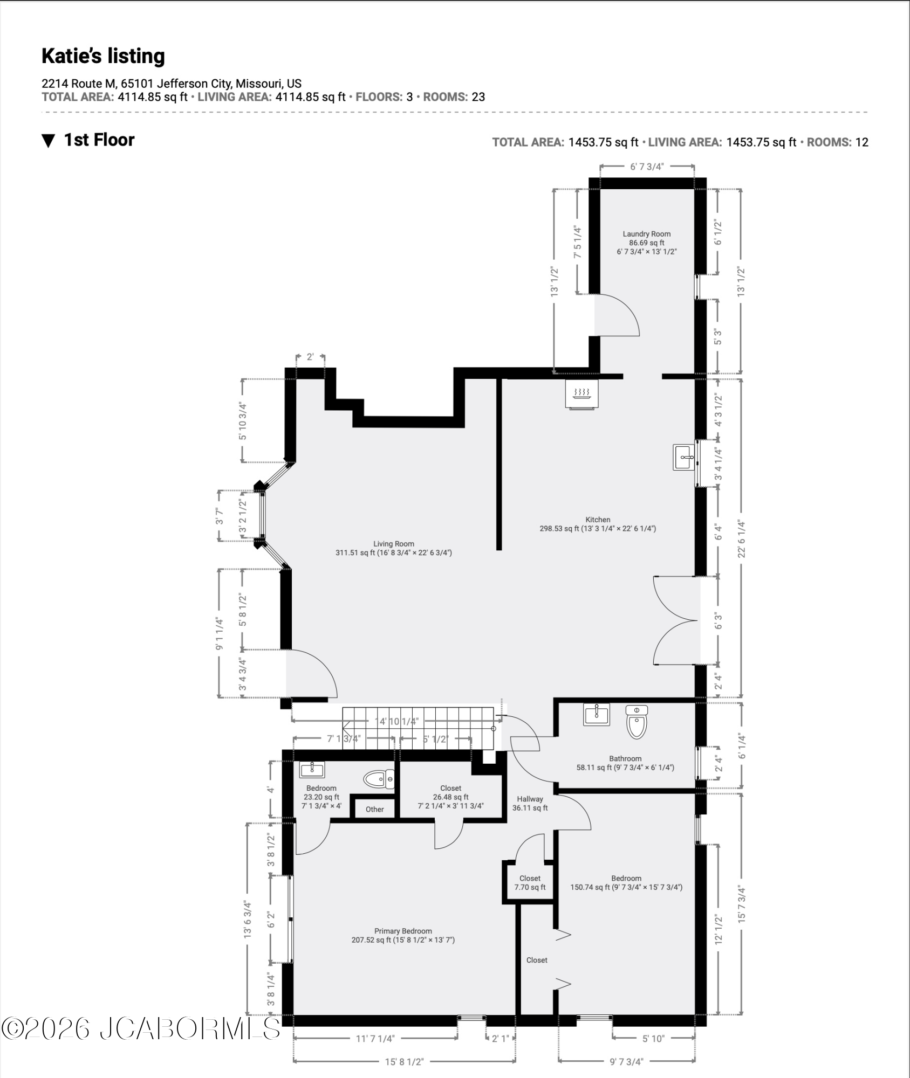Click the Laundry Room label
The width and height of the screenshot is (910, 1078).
click(x=646, y=234)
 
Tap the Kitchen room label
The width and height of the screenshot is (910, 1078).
click(x=598, y=520)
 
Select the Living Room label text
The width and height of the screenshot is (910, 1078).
click(x=394, y=544)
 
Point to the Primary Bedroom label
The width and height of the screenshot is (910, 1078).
click(x=403, y=931)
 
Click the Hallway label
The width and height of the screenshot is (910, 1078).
click(x=530, y=799)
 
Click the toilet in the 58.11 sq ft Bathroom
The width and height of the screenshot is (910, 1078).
click(x=637, y=722)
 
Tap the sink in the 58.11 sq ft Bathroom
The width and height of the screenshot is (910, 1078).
click(x=597, y=714)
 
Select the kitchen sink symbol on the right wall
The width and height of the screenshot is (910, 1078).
click(x=683, y=457)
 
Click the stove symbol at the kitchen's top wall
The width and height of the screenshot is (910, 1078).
click(x=581, y=394)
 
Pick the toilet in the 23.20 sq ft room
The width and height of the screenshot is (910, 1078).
click(x=379, y=779)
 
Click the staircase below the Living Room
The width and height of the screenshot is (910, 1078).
click(x=419, y=728)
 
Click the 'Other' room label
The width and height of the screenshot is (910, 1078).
click(x=375, y=809)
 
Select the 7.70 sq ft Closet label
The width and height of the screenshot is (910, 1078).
click(x=530, y=883)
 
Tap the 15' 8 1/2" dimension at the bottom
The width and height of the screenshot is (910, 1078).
click(x=405, y=1061)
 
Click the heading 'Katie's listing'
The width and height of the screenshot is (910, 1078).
click(x=103, y=56)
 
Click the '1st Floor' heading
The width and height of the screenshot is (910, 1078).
click(x=99, y=140)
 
